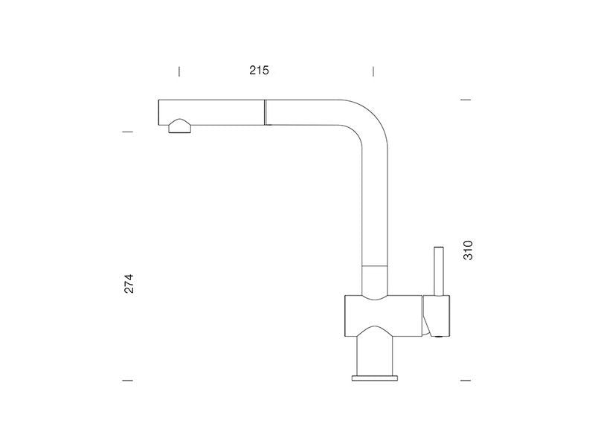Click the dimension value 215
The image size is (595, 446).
[259, 71]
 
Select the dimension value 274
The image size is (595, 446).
[129, 283]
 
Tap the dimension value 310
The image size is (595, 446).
[469, 250]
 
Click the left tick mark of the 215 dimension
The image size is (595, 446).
[179, 71]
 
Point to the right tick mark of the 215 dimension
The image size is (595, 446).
[373, 71]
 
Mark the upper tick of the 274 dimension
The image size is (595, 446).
[127, 132]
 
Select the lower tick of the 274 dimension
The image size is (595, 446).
[127, 380]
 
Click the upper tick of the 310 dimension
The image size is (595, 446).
[466, 100]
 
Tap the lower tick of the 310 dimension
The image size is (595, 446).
[466, 380]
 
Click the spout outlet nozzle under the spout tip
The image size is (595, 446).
[180, 126]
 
